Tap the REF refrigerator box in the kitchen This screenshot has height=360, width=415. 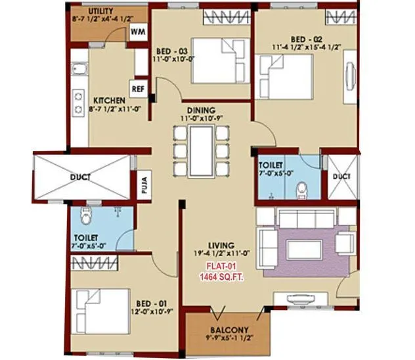point(139,88)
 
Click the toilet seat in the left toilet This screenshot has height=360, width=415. point(83,215)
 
